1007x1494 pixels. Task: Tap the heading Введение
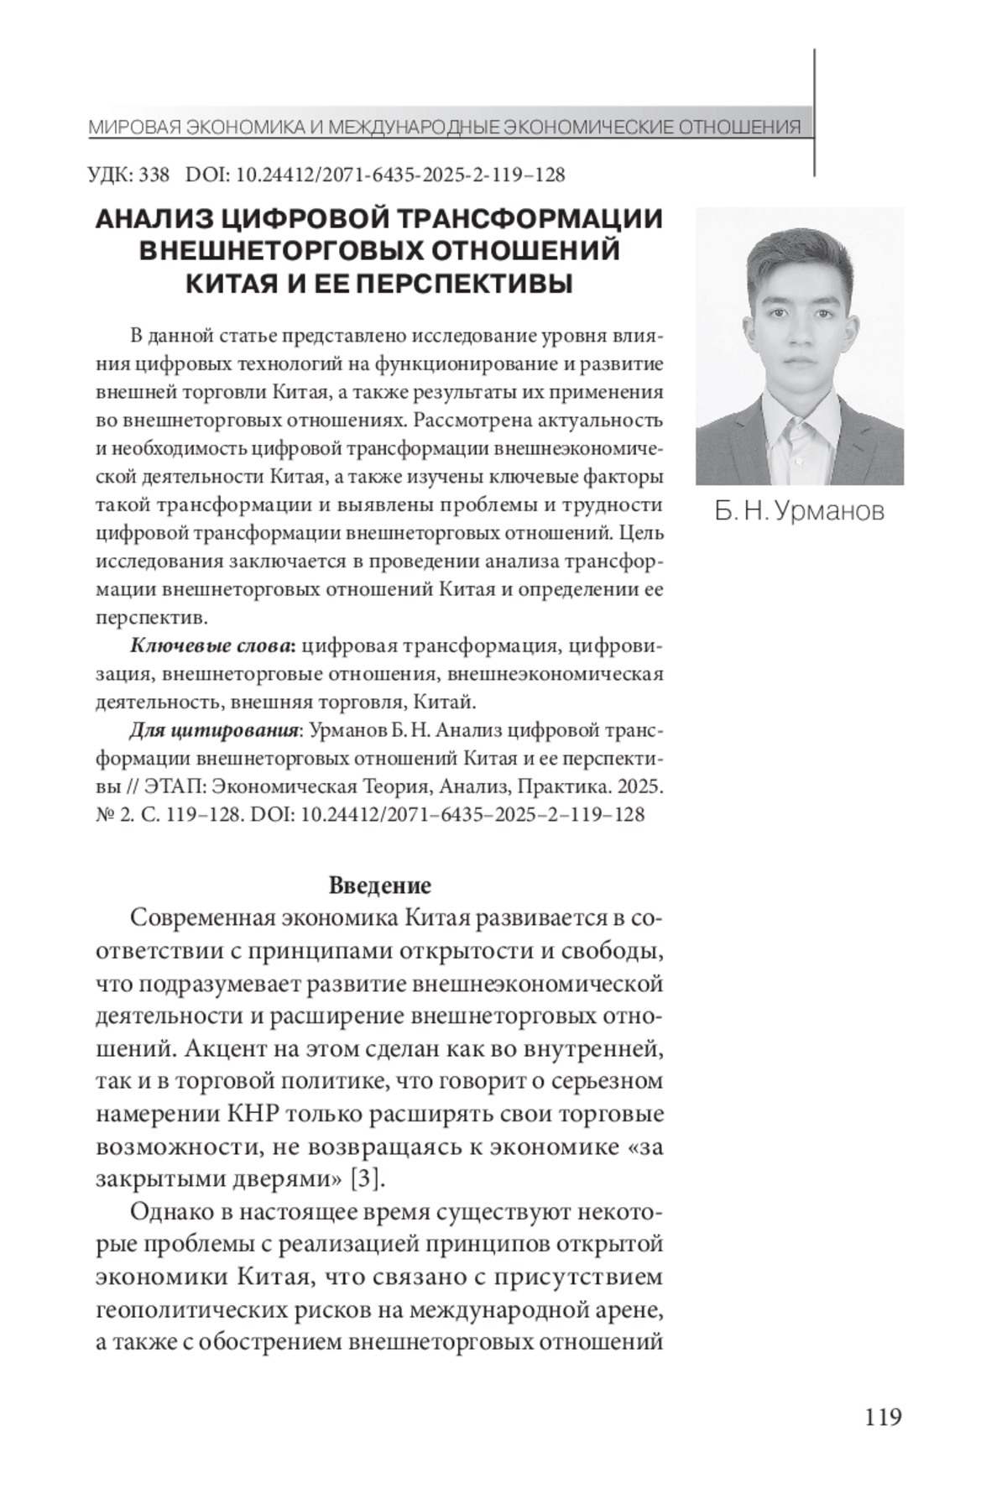(x=379, y=885)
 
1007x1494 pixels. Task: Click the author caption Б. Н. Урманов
(x=799, y=510)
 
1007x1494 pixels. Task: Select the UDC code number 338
(x=154, y=175)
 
